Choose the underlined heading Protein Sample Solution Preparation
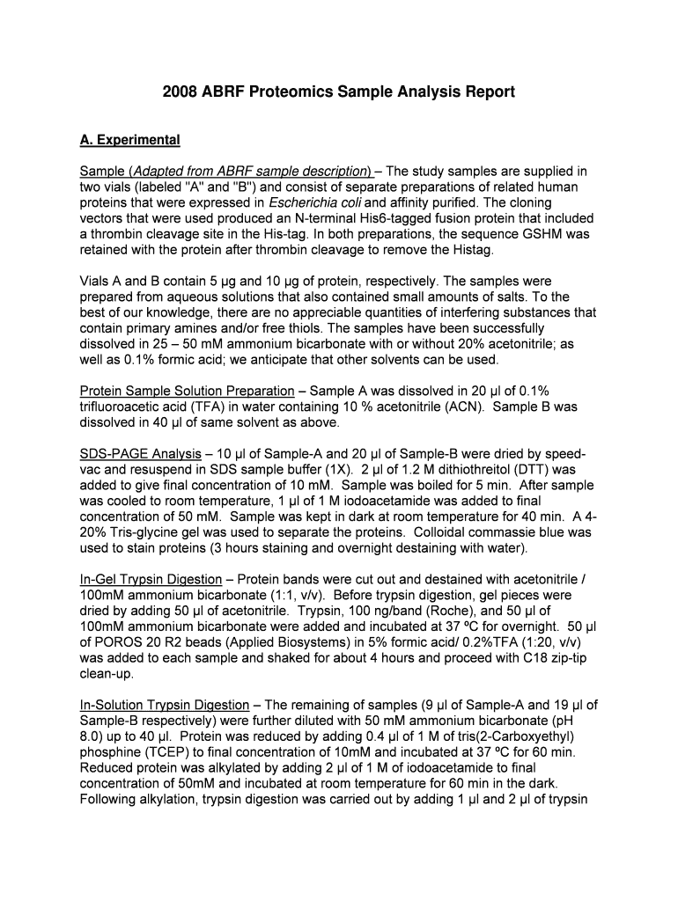[187, 391]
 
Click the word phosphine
[110, 753]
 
